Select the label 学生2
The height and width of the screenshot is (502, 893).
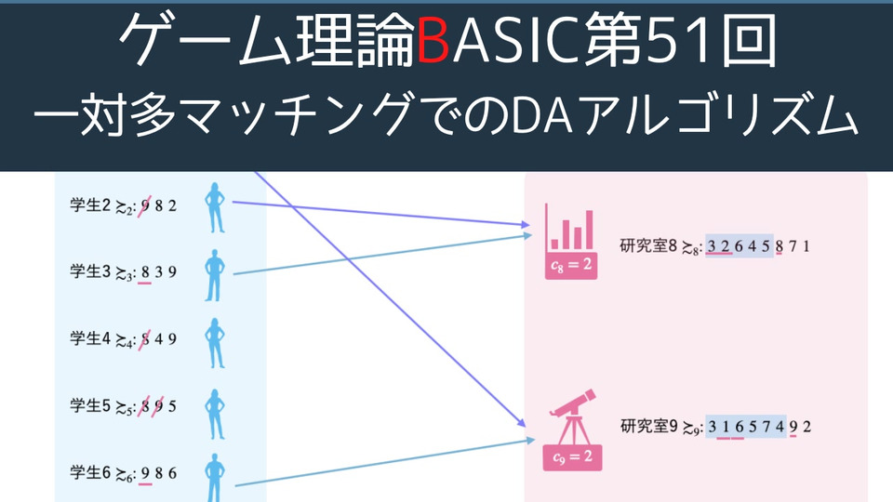(90, 205)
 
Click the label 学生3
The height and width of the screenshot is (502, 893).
(90, 271)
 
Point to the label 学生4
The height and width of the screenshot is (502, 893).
(90, 338)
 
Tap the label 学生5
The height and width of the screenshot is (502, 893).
(90, 405)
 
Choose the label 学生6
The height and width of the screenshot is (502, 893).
(90, 472)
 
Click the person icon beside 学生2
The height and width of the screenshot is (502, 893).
(215, 207)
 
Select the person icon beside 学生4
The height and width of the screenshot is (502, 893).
(215, 343)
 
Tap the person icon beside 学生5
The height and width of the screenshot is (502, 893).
(215, 414)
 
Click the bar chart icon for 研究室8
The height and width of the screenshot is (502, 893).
(569, 228)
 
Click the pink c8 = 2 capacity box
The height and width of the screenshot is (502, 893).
(571, 265)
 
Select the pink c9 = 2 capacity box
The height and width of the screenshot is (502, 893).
(572, 457)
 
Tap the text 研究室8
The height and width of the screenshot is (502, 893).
(648, 245)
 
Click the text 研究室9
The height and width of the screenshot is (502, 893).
(648, 427)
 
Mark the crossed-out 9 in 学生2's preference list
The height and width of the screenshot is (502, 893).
(145, 205)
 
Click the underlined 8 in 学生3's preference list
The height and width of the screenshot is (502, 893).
(145, 272)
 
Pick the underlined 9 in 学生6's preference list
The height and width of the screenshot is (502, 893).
(145, 473)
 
